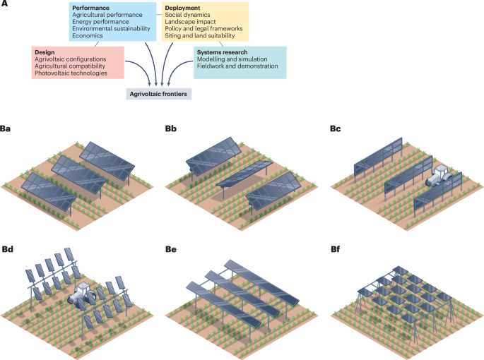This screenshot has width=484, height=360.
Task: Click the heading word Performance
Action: [90, 8]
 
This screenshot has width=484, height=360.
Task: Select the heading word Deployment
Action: [182, 8]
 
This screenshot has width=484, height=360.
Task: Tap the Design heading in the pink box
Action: [45, 52]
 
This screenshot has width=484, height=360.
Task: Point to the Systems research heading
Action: [223, 52]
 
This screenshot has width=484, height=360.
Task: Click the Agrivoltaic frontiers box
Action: [159, 94]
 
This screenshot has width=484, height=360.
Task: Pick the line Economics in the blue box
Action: [88, 35]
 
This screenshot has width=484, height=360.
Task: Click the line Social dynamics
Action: [187, 15]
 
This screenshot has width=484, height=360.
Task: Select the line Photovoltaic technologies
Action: [71, 73]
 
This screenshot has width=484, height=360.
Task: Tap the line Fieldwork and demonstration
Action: [237, 66]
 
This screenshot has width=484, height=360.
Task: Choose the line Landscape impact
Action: [191, 22]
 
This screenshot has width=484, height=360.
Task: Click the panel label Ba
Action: [5, 128]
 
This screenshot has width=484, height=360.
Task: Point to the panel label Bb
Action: [171, 128]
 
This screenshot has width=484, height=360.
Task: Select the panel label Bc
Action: [336, 128]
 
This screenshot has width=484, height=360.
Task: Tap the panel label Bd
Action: [8, 248]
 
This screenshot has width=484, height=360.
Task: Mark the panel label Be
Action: [171, 248]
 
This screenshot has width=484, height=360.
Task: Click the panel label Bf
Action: [336, 248]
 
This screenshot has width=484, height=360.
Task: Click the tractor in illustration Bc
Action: [439, 176]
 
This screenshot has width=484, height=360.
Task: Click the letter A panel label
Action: [4, 4]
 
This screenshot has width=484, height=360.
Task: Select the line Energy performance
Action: [100, 22]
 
